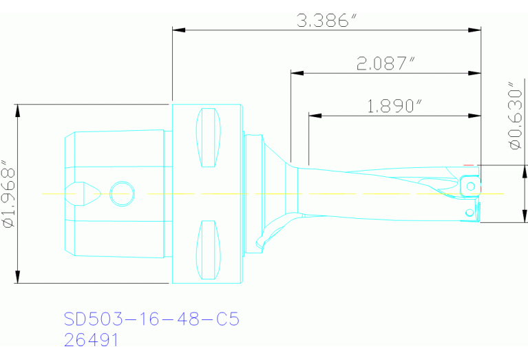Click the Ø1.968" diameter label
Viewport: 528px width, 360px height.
8,194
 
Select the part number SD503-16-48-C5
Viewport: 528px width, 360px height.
151,319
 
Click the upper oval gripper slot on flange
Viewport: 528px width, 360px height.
209,138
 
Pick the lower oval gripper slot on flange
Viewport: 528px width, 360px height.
209,251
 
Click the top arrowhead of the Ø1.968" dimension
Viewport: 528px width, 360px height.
19,110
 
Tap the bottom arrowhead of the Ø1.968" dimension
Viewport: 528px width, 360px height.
19,277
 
